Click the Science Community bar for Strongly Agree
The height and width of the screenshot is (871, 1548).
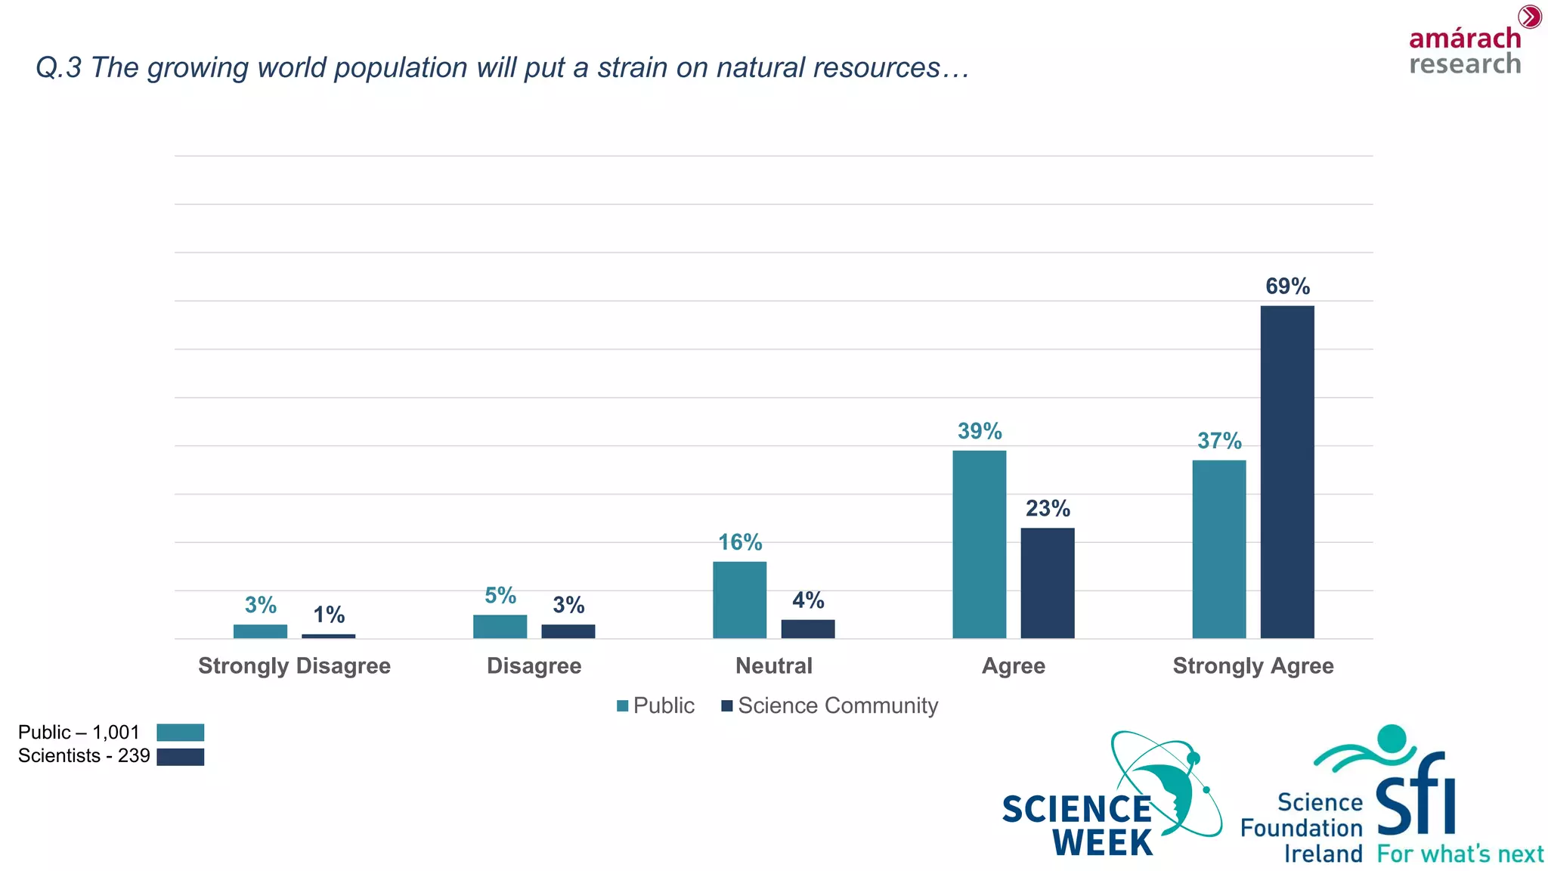pyautogui.click(x=1286, y=472)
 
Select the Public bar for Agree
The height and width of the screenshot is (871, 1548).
pyautogui.click(x=979, y=544)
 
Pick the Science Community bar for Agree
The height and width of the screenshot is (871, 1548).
pyautogui.click(x=1047, y=583)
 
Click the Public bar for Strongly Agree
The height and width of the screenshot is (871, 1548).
pyautogui.click(x=1218, y=549)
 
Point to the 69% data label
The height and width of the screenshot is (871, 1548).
pyautogui.click(x=1287, y=287)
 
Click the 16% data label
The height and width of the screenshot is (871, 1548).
pyautogui.click(x=740, y=542)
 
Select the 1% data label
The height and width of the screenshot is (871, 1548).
pyautogui.click(x=329, y=615)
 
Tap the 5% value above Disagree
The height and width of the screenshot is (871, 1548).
pyautogui.click(x=500, y=596)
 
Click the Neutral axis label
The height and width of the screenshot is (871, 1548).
pyautogui.click(x=773, y=666)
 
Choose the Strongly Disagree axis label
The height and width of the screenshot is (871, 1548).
pyautogui.click(x=294, y=666)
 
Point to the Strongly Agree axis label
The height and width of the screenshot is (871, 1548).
pyautogui.click(x=1252, y=666)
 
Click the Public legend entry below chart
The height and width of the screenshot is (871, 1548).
pyautogui.click(x=655, y=705)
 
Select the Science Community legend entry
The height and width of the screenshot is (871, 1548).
pyautogui.click(x=829, y=705)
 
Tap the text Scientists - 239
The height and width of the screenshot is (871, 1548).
pyautogui.click(x=84, y=756)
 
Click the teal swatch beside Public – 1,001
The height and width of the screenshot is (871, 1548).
pyautogui.click(x=180, y=732)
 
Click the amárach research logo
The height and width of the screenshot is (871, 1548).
pyautogui.click(x=1466, y=47)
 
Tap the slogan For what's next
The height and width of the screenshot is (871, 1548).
pyautogui.click(x=1460, y=854)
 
